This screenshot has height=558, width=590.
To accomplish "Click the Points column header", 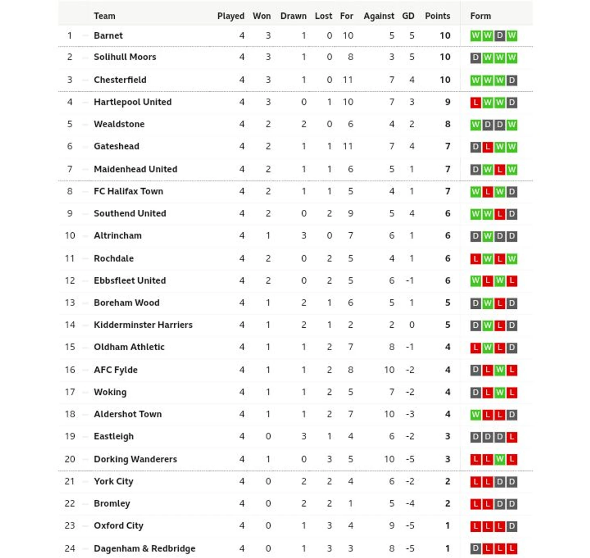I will pyautogui.click(x=437, y=16).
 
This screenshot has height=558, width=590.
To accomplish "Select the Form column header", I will pyautogui.click(x=480, y=16).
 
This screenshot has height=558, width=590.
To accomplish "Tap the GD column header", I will pyautogui.click(x=408, y=16).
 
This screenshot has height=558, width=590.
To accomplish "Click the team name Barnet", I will pyautogui.click(x=108, y=36).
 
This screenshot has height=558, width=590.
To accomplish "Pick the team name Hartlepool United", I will pyautogui.click(x=133, y=102).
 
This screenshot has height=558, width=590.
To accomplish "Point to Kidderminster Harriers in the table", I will pyautogui.click(x=143, y=325).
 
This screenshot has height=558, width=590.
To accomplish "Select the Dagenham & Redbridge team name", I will pyautogui.click(x=144, y=548).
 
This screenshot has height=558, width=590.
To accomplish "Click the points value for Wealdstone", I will pyautogui.click(x=447, y=124).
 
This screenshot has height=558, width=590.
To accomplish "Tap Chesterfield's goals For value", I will pyautogui.click(x=348, y=80).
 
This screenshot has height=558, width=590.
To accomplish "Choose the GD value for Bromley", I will pyautogui.click(x=410, y=503).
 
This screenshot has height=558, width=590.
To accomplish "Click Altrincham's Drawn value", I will pyautogui.click(x=304, y=236).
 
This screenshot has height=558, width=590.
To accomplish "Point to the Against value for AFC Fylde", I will pyautogui.click(x=389, y=370).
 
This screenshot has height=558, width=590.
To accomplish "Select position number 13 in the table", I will pyautogui.click(x=70, y=303).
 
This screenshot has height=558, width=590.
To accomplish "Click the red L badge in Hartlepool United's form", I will pyautogui.click(x=476, y=102).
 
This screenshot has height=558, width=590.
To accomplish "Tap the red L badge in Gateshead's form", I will pyautogui.click(x=488, y=147).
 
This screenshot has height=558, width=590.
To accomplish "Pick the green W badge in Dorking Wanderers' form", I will pyautogui.click(x=500, y=459).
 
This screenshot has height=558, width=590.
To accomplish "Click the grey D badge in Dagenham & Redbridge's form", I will pyautogui.click(x=476, y=549).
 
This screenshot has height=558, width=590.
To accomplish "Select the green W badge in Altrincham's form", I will pyautogui.click(x=488, y=236).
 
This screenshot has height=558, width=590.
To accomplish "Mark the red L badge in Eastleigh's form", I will pyautogui.click(x=512, y=437).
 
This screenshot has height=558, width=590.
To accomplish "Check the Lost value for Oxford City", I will pyautogui.click(x=329, y=526).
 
